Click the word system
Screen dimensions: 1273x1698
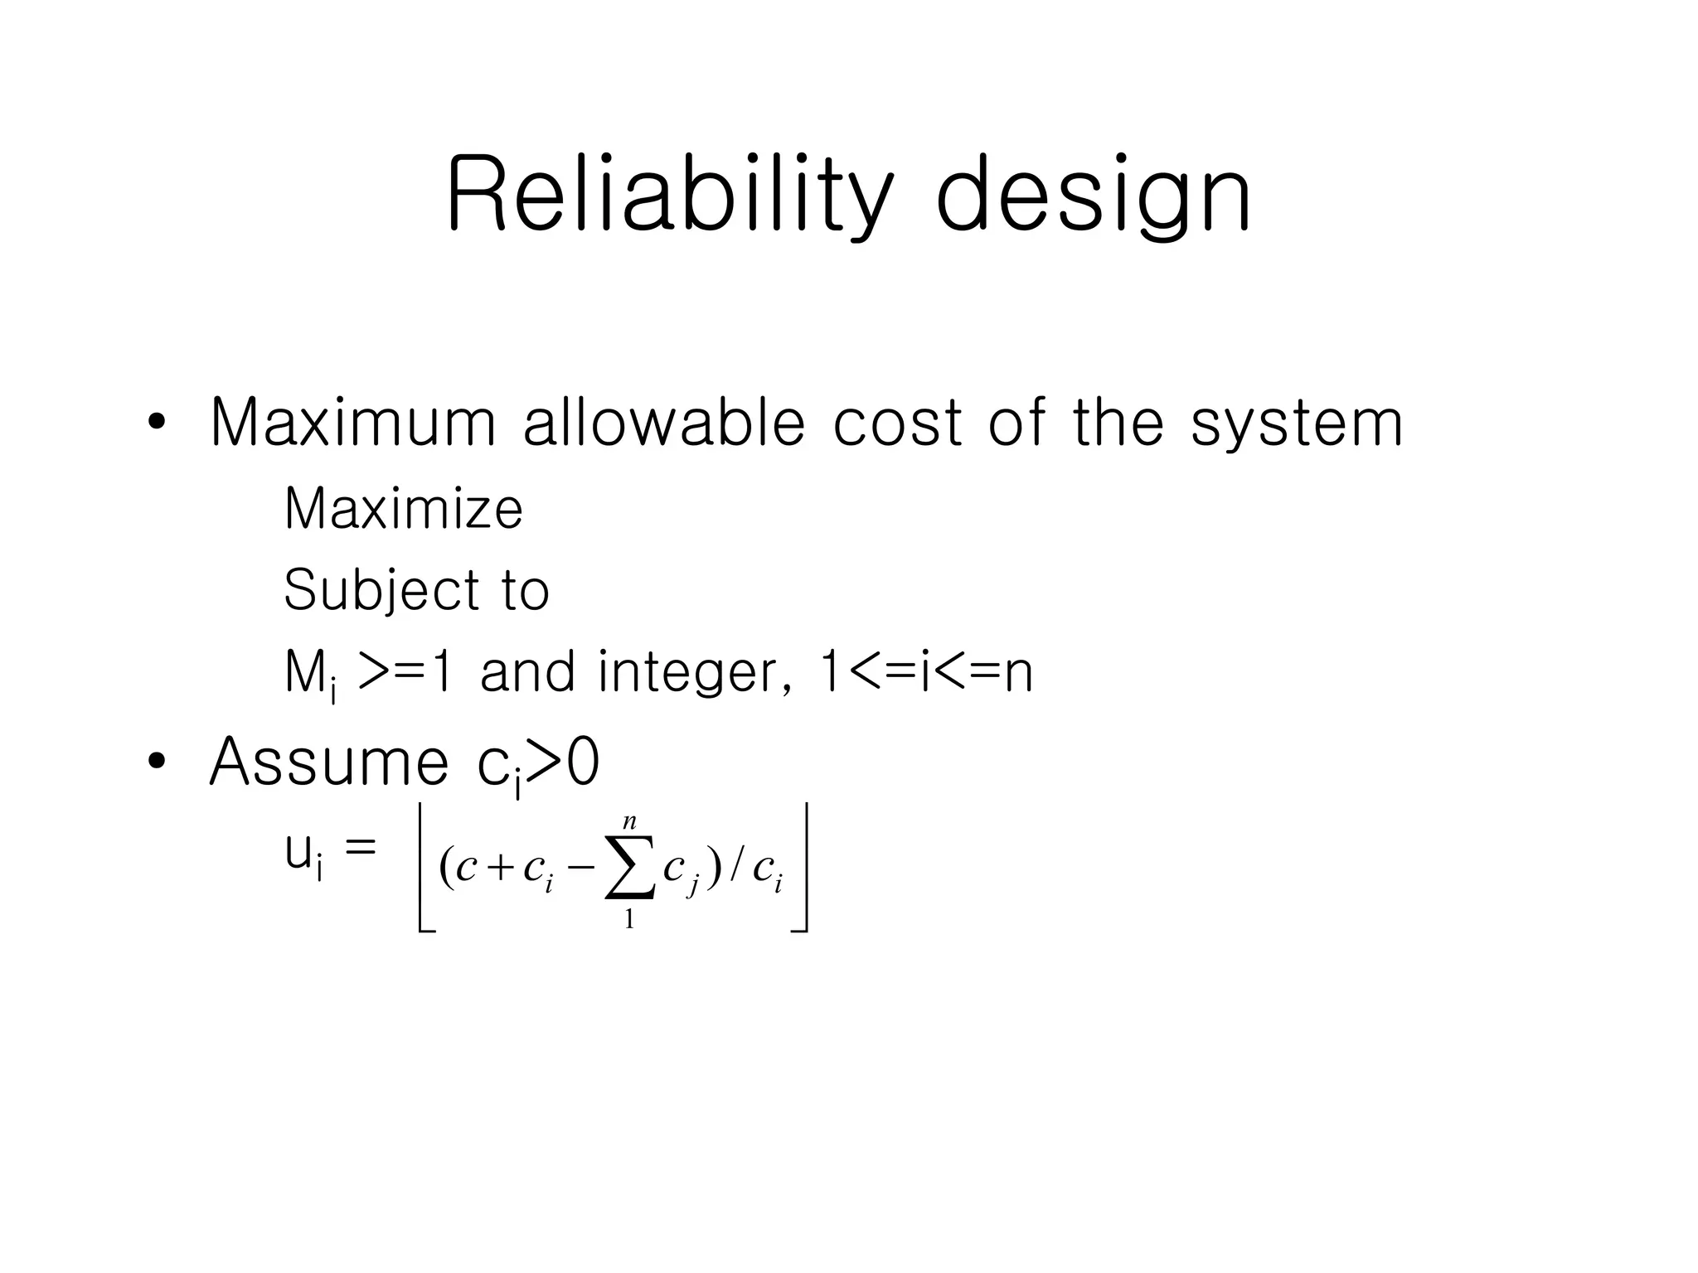coord(1297,424)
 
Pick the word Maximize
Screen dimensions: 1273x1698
coord(403,508)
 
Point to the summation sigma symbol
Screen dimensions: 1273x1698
coord(630,868)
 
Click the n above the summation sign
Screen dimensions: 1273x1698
coord(630,822)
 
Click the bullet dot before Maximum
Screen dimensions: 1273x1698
coord(156,424)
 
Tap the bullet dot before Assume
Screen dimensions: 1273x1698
coord(156,762)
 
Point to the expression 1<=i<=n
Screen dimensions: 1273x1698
coord(925,672)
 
